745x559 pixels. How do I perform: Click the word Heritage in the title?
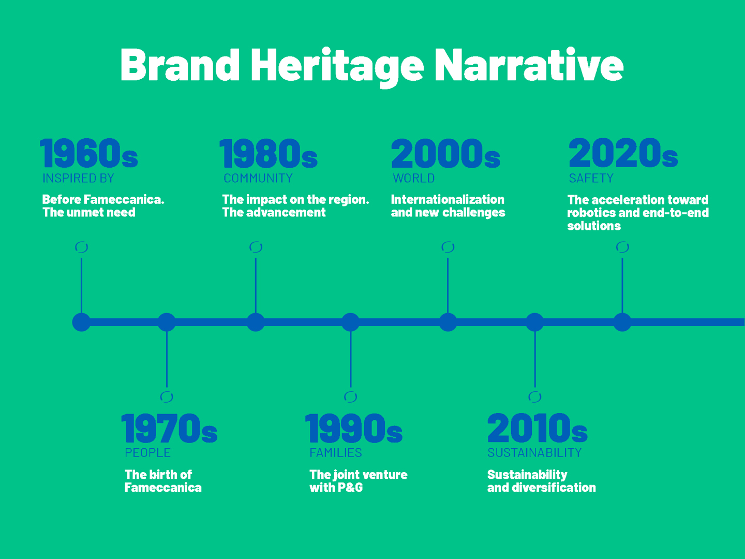coord(337,67)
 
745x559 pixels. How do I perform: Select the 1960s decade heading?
coord(89,153)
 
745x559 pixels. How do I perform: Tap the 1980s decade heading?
coord(269,153)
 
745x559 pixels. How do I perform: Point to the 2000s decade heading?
coord(445,153)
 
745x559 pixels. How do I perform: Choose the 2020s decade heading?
coord(623,153)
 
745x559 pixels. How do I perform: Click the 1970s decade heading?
coord(169,428)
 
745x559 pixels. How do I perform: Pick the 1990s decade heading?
coord(354,428)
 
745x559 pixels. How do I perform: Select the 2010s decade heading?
coord(538,428)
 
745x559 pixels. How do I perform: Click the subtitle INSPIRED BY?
coord(79,178)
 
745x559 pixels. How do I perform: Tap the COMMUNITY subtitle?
coord(258,178)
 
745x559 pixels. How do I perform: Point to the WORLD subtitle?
coord(414,178)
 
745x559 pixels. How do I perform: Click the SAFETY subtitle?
coord(591,178)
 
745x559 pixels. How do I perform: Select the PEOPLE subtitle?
coord(147,453)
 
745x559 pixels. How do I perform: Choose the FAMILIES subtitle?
coord(336,453)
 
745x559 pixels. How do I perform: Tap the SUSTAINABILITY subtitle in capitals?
coord(534,453)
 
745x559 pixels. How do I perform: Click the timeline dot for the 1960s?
coord(81,322)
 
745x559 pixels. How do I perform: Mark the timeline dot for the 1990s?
coord(351,322)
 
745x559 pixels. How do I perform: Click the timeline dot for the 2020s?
coord(622,322)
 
